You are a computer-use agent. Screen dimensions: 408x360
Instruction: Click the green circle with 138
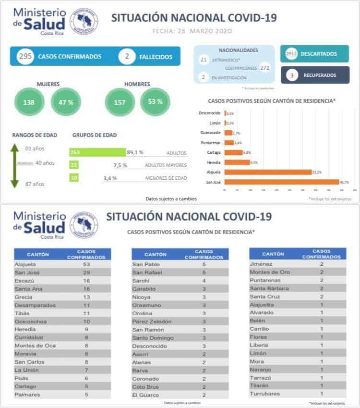[29, 102]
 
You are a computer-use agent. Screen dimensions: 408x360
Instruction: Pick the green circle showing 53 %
[155, 101]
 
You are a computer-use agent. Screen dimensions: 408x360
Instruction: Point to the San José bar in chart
[281, 182]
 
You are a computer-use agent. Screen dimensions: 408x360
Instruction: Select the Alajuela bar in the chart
[268, 172]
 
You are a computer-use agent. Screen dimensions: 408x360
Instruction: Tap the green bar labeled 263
[97, 152]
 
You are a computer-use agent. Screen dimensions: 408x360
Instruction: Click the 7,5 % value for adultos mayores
[120, 165]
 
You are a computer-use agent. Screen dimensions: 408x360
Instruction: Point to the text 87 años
[35, 184]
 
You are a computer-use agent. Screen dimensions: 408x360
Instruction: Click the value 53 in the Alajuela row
[86, 264]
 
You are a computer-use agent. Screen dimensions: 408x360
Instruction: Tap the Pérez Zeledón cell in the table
[151, 321]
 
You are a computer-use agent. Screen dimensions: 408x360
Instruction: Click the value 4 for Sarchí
[204, 281]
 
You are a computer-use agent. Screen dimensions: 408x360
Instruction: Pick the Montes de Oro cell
[270, 272]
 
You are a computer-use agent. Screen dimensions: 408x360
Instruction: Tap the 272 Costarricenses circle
[264, 68]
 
